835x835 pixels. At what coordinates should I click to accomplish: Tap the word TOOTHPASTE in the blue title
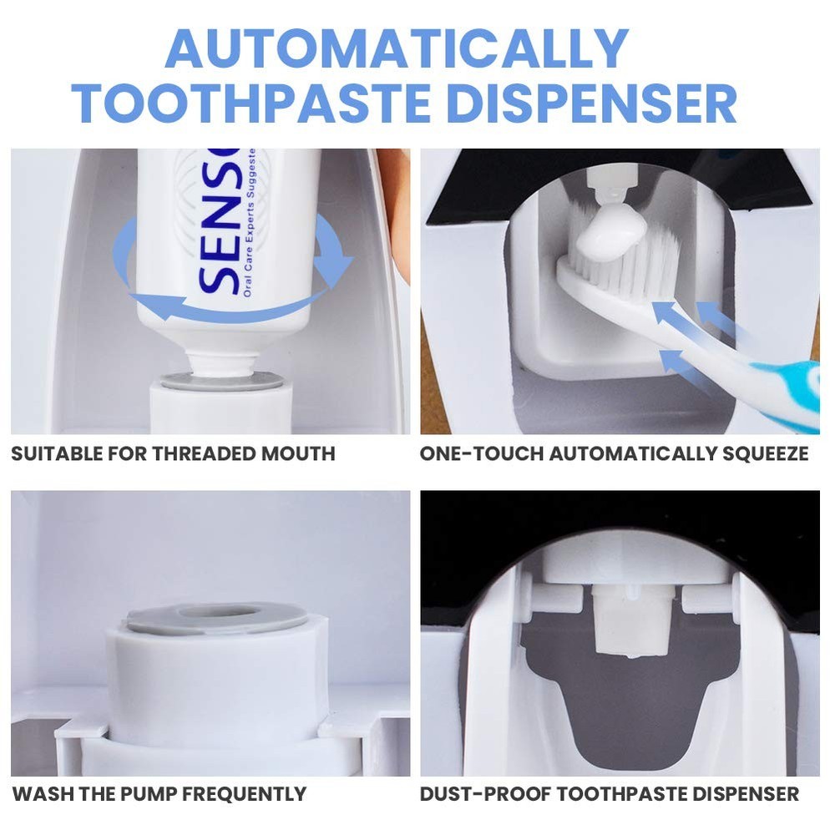click(x=250, y=104)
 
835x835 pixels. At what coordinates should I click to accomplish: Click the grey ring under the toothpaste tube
click(x=222, y=381)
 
